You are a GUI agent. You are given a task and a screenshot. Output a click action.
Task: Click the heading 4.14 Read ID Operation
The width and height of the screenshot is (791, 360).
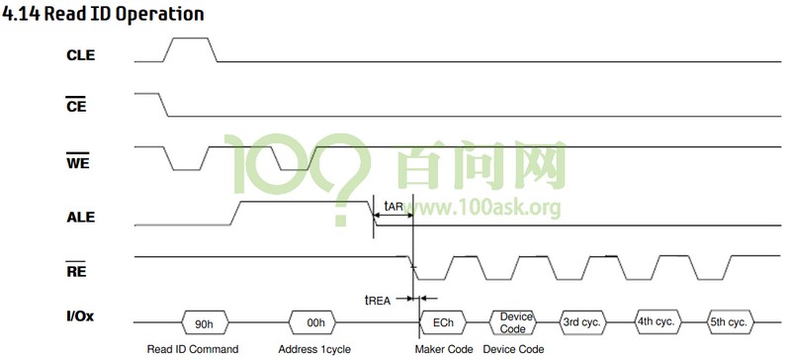coord(104,14)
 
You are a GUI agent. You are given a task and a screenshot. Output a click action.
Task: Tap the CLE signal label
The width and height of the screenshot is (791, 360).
coord(80,55)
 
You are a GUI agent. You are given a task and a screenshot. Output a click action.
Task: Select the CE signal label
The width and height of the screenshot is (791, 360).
coord(79,109)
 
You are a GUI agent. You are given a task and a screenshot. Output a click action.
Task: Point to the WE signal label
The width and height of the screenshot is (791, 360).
coord(79,162)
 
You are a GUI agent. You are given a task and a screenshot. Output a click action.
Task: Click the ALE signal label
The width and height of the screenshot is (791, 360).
coord(80,217)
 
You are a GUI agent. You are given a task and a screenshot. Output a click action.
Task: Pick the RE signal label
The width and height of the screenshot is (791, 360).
coord(78,270)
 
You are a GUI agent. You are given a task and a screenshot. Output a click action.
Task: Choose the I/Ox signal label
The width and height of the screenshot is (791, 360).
coord(81,318)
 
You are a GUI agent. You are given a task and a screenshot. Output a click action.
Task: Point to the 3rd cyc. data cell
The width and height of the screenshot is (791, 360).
coord(583,322)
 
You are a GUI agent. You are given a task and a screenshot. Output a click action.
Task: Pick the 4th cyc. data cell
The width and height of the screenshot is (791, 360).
coord(657,322)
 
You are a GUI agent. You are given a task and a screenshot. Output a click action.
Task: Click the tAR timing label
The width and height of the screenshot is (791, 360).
coord(393,207)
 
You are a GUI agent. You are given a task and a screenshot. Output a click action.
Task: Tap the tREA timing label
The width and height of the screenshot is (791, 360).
coord(381,298)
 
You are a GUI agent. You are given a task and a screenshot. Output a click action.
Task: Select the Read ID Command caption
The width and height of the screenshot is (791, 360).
coord(193,349)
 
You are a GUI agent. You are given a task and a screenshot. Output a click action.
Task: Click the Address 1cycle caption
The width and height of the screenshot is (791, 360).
coord(314,349)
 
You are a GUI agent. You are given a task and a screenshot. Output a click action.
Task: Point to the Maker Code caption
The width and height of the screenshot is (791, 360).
coord(443,349)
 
